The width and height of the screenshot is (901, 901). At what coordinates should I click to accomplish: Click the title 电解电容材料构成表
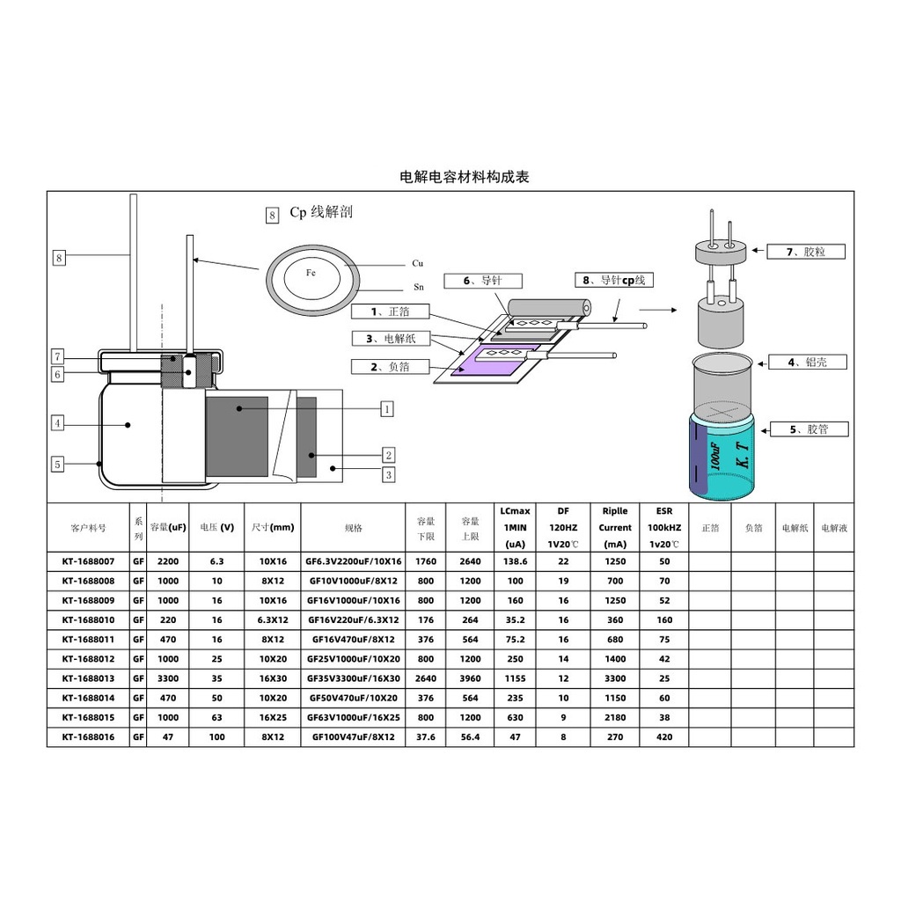pyautogui.click(x=465, y=176)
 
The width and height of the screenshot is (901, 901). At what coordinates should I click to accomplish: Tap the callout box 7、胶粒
pyautogui.click(x=806, y=252)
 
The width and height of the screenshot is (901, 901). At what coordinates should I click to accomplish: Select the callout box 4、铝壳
pyautogui.click(x=808, y=362)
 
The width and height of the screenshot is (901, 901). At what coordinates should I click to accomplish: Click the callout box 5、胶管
pyautogui.click(x=809, y=429)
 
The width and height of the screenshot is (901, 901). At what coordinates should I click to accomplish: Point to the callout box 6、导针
pyautogui.click(x=483, y=281)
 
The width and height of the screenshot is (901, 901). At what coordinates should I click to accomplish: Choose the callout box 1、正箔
pyautogui.click(x=390, y=311)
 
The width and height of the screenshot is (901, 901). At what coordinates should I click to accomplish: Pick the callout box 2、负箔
pyautogui.click(x=390, y=367)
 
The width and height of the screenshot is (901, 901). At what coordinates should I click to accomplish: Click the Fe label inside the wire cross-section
pyautogui.click(x=311, y=273)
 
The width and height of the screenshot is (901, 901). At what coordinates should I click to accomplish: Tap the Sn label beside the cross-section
pyautogui.click(x=419, y=288)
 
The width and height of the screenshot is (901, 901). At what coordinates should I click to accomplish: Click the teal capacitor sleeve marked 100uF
pyautogui.click(x=721, y=457)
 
